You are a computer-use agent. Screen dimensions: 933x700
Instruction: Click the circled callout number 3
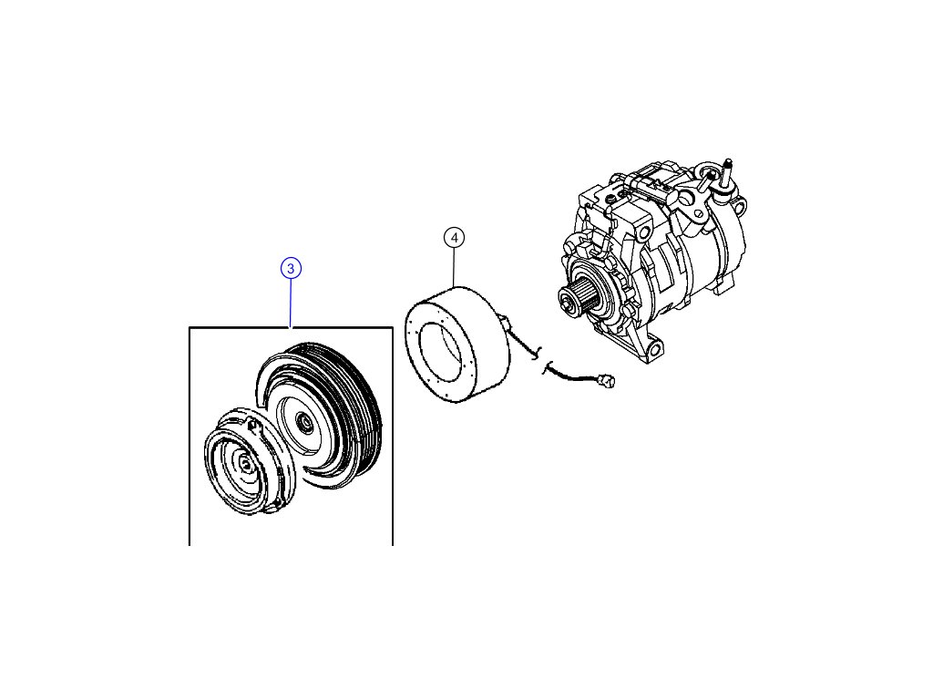[290, 268]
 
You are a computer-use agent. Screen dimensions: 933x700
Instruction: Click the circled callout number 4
[454, 237]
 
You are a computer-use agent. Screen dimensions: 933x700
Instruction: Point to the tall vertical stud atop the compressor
[729, 173]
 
